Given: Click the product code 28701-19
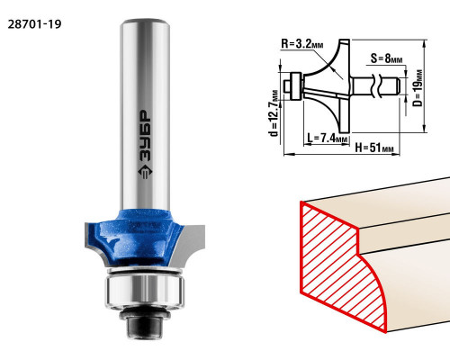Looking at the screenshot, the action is click(34, 24).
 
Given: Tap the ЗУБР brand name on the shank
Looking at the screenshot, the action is click(146, 137).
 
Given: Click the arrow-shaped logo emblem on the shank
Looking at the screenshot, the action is click(145, 173).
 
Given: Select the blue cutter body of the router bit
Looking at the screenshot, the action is click(138, 237).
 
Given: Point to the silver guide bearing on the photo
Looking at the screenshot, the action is click(145, 291).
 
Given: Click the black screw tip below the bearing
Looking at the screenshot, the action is click(145, 327).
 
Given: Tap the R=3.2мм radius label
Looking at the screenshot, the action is click(302, 44).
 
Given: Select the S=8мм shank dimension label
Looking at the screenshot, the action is click(386, 58).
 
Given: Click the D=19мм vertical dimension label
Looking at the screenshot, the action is click(418, 88).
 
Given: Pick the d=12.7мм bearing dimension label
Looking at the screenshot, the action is click(274, 112).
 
